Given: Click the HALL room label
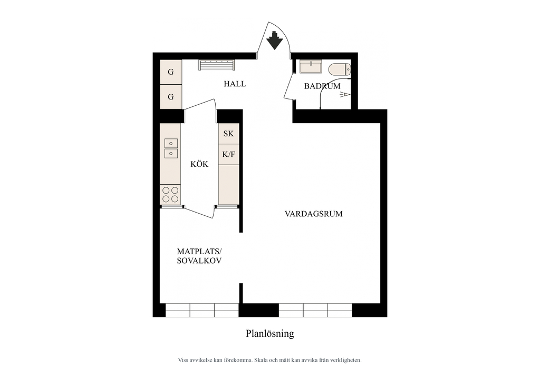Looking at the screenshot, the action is pos(235,84).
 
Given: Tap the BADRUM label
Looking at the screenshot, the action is pos(322,86).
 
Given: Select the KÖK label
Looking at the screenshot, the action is pos(199,164).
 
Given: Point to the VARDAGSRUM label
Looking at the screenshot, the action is pos(313,214).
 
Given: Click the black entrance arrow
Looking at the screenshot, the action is pos(274,40).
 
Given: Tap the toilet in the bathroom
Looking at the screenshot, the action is pos(340,69).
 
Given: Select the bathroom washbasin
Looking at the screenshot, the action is pos(311,67).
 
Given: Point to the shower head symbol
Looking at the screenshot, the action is pos(345,95).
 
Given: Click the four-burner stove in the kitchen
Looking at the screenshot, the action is pos(170,195).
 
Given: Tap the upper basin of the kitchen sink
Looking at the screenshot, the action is pos(171,143).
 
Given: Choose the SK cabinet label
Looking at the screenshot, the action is pos(229,133).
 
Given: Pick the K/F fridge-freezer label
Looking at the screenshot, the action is pos(229,154).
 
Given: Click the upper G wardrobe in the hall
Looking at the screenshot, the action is pos(171,72).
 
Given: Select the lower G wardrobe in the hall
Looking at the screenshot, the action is pos(171,97).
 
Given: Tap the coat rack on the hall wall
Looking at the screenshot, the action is pos(217,65).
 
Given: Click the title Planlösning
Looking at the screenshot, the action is pos(269,334).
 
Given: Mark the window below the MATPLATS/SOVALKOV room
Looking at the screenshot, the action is pos(202,310).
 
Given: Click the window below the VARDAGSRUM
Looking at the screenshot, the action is pos(315,310).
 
